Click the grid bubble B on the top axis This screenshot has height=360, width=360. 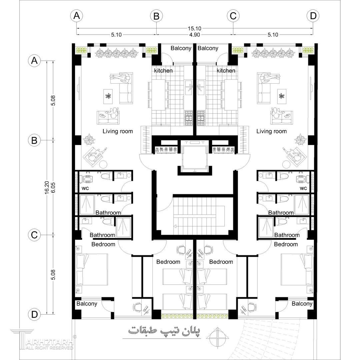click(156, 16)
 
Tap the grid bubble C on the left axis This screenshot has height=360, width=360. click(34, 235)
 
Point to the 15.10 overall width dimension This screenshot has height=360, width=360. click(194, 28)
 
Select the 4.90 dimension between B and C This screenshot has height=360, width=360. click(194, 35)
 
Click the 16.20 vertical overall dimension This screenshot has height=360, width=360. click(47, 187)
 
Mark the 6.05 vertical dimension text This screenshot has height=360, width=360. click(53, 187)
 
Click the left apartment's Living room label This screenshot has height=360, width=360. click(118, 131)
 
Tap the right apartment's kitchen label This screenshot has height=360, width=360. click(226, 70)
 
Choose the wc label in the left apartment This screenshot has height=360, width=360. click(85, 188)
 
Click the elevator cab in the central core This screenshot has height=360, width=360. click(194, 156)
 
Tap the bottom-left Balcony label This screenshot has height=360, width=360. click(87, 304)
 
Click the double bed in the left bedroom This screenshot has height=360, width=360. click(92, 269)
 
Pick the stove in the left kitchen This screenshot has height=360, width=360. click(189, 118)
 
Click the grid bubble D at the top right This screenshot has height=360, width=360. click(313, 16)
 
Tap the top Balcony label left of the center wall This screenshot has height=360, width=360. click(181, 48)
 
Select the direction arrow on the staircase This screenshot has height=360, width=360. click(175, 226)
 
